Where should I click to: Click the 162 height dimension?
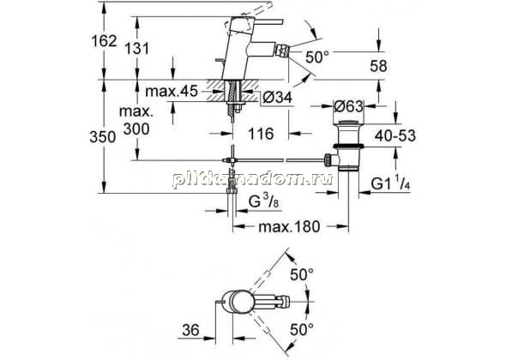coord(104,41)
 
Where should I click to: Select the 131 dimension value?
coord(137,49)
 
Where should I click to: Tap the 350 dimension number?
coord(103,137)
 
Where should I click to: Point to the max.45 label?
coord(172,92)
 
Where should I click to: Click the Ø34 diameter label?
coord(277,97)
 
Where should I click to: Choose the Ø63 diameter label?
coord(348,106)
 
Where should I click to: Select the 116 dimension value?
coord(261,134)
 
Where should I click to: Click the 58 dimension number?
coord(378,66)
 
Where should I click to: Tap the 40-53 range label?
coord(395,135)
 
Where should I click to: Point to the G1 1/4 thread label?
coord(390,184)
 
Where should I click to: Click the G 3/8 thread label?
coord(264,202)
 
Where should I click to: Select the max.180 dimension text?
coord(290,227)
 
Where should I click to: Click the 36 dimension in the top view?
coord(191,330)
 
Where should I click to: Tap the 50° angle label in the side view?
coord(317,57)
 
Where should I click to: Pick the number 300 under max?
coord(137,129)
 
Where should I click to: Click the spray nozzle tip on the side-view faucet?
coord(285,51)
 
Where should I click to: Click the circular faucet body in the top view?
coord(239,302)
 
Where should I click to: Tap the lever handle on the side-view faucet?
coord(262,21)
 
